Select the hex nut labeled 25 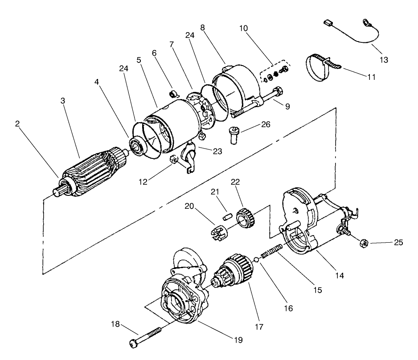point(363,243)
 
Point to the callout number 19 point(238,340)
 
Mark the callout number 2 point(17,124)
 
